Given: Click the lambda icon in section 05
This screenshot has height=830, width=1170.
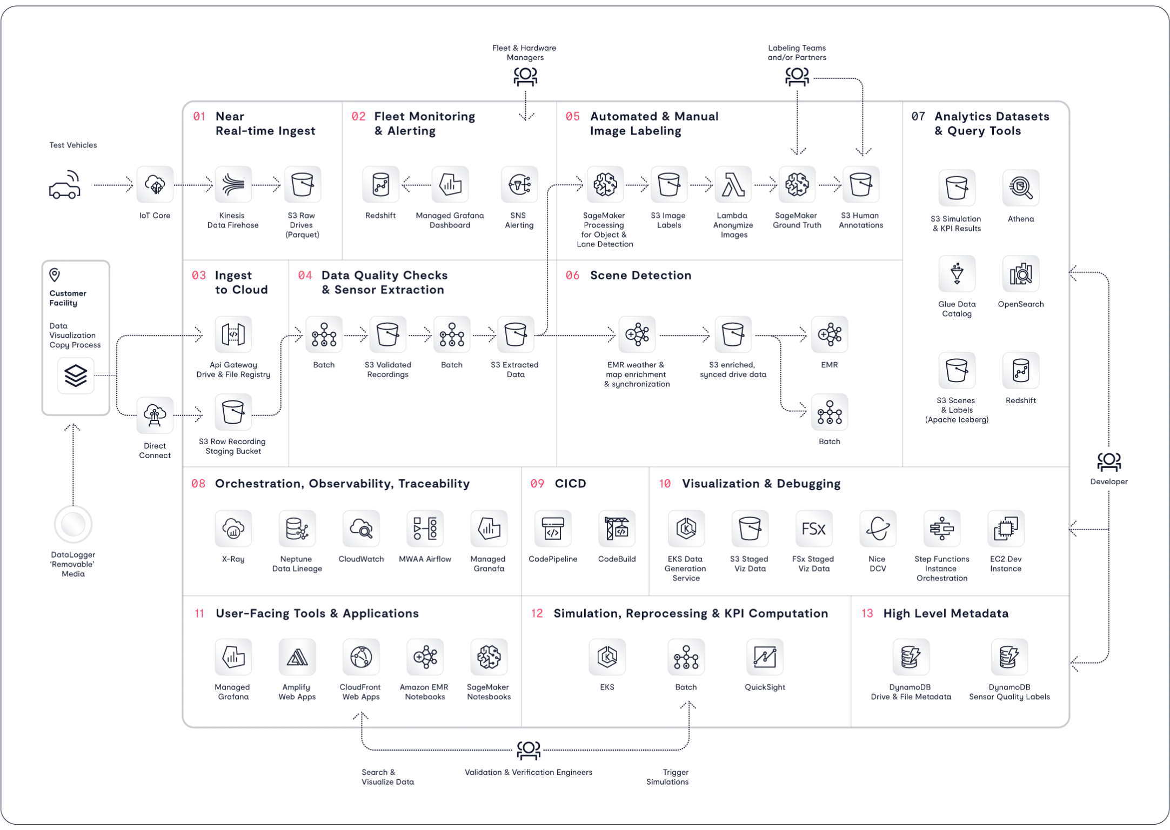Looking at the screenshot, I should tap(732, 185).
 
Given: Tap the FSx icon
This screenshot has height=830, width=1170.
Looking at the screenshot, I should tap(814, 528).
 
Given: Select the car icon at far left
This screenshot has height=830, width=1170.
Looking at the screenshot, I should tap(65, 185).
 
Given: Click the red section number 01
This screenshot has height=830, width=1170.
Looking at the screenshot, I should tap(199, 116).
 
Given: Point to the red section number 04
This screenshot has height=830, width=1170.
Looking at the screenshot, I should tap(306, 276).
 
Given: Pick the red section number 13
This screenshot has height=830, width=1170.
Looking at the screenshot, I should tap(867, 613).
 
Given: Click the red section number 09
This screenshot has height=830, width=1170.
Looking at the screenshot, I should tap(537, 483).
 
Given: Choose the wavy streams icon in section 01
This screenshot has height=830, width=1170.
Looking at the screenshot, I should tap(233, 185).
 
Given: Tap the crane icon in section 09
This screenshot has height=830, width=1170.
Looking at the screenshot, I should tap(617, 528).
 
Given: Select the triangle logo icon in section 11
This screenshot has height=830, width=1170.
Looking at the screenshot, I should tap(297, 657).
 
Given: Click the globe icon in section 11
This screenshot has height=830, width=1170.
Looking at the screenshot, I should tap(360, 657).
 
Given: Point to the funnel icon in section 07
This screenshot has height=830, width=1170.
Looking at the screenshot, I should tap(957, 273).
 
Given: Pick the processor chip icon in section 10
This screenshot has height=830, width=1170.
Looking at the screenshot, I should tap(1005, 528).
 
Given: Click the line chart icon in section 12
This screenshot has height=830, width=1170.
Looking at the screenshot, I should tap(765, 657).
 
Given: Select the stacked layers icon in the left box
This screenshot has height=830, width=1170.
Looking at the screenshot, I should tap(75, 376).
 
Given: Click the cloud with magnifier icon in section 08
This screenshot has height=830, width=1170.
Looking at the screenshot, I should tap(360, 528).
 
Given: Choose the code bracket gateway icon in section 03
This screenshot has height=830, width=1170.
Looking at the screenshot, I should tap(233, 334).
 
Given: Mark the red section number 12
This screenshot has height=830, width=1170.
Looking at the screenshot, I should tap(538, 613).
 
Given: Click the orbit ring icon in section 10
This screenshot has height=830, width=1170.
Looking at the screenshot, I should tap(878, 528).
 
